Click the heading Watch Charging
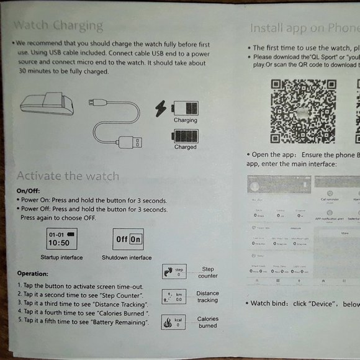pos(58,25)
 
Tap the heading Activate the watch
pos(68,176)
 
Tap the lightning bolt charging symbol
pos(161,108)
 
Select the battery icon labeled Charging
pos(185,107)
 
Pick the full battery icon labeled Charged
pos(185,136)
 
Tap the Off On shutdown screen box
pos(128,239)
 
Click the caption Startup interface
pos(61,258)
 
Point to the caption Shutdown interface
pos(127,258)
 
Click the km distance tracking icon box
pos(173,297)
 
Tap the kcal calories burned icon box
pos(173,322)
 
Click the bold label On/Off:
pos(29,191)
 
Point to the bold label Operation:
pos(32,273)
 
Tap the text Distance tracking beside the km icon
pos(207,297)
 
